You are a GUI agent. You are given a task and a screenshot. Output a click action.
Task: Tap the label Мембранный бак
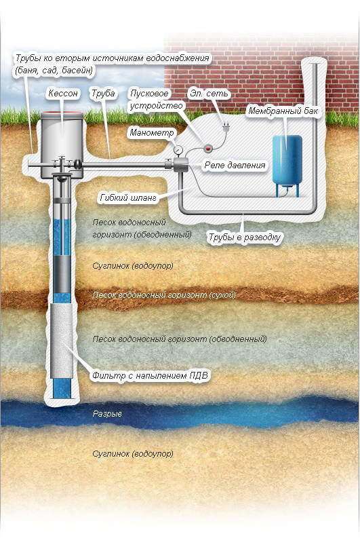point(283,111)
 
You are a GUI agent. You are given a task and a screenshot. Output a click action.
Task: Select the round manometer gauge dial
point(178,149)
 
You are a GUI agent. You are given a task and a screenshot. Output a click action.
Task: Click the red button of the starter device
point(209,148)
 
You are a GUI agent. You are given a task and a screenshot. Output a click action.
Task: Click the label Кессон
point(63,94)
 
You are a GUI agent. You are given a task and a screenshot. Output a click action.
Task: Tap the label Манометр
point(152,132)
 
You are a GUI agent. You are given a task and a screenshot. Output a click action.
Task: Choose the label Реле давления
point(235,165)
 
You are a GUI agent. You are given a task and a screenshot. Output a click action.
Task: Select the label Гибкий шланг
point(128,198)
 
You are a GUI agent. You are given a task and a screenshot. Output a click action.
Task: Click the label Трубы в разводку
point(245,237)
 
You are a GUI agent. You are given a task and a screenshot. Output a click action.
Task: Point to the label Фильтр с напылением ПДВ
point(151,376)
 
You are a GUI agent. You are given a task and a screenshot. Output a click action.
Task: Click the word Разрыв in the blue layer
point(107,414)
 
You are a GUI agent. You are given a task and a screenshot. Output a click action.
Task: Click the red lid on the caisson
point(62,113)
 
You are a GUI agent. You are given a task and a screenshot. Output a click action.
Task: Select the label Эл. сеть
point(209,94)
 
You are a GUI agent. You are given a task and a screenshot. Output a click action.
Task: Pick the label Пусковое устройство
point(157,100)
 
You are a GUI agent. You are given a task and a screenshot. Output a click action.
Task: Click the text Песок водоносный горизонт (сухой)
point(164,295)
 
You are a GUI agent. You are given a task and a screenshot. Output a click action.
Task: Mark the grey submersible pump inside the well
point(62,274)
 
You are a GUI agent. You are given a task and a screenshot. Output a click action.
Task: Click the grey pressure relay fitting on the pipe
point(181,165)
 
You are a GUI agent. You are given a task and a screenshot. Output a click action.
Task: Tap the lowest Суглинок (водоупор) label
point(133,453)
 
